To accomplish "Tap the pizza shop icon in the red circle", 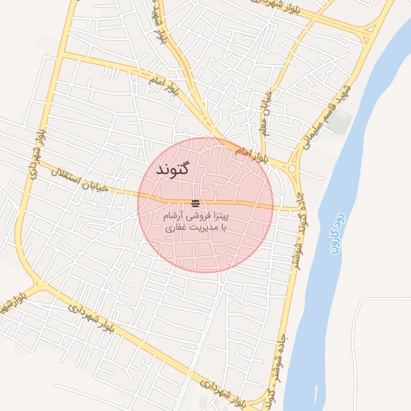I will point(196,202).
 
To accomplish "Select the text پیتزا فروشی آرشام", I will point(196,216).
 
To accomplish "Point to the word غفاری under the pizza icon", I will point(176,228).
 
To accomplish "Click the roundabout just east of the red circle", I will point(290,168).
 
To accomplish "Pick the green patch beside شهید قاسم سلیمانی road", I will point(340,122).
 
